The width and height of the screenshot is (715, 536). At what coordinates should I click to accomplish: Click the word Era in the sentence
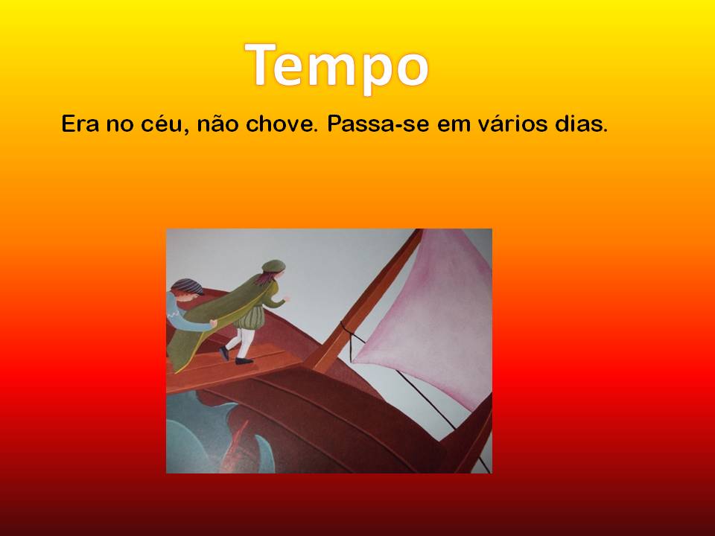click(80, 124)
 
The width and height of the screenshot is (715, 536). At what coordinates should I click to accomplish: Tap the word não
click(217, 124)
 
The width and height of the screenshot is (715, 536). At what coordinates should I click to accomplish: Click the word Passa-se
click(378, 124)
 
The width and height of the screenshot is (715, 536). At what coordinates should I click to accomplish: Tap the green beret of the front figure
click(273, 266)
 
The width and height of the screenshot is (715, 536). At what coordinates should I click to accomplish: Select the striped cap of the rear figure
click(188, 286)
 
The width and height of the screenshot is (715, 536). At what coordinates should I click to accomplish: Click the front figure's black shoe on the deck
click(244, 361)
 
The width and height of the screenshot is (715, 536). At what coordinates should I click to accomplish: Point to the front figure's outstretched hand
click(286, 298)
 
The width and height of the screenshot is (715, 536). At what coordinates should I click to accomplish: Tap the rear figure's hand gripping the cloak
click(213, 324)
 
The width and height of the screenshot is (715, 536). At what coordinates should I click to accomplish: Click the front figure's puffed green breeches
click(250, 317)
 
